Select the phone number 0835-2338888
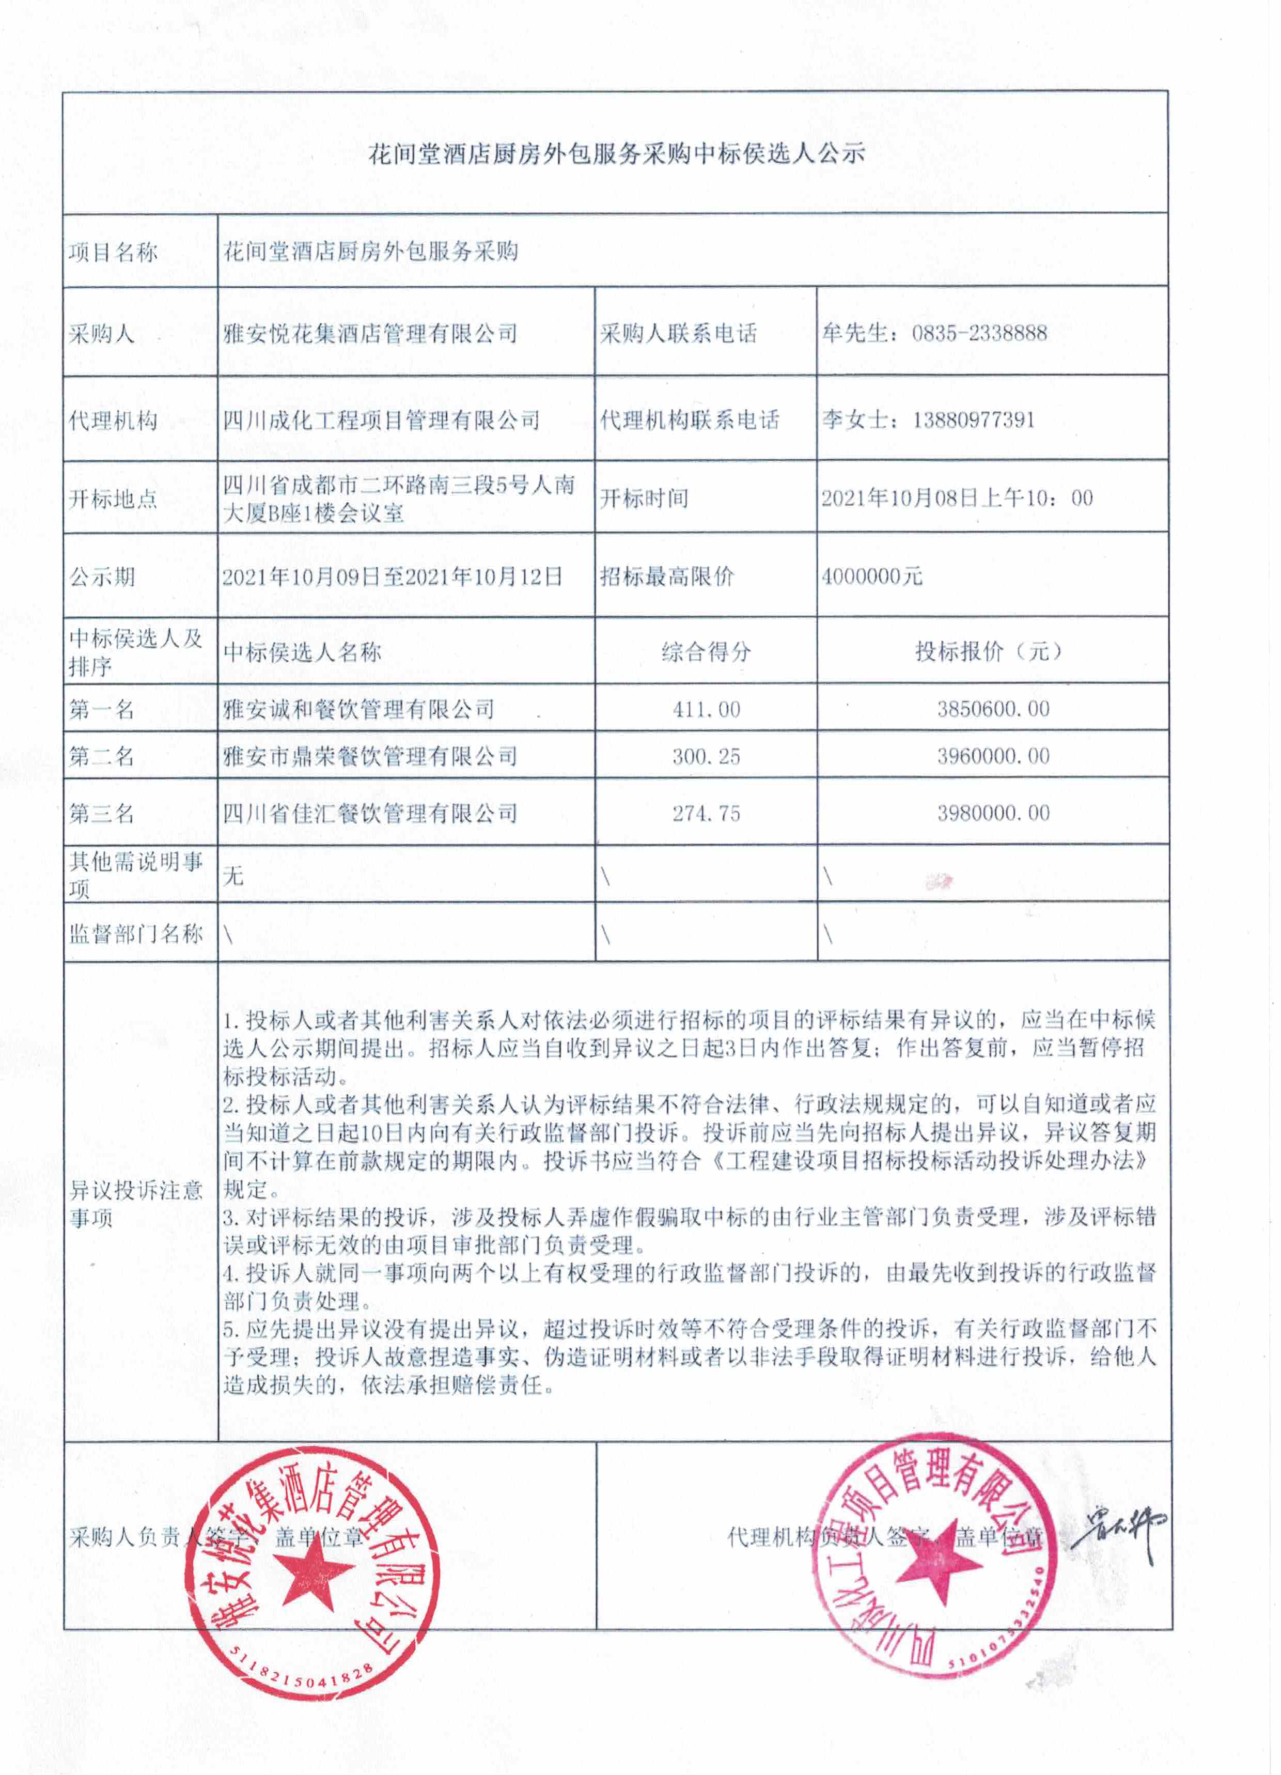(979, 333)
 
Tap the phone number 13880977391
(974, 421)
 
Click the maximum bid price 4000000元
(872, 577)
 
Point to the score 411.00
(706, 709)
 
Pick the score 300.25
(706, 756)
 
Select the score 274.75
(706, 813)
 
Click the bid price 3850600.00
(993, 709)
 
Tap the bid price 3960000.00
(993, 756)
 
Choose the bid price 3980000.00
(993, 813)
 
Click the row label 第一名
(102, 710)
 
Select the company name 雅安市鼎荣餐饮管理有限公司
(370, 756)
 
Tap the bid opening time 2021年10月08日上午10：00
(956, 499)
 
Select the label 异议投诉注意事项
(135, 1204)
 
